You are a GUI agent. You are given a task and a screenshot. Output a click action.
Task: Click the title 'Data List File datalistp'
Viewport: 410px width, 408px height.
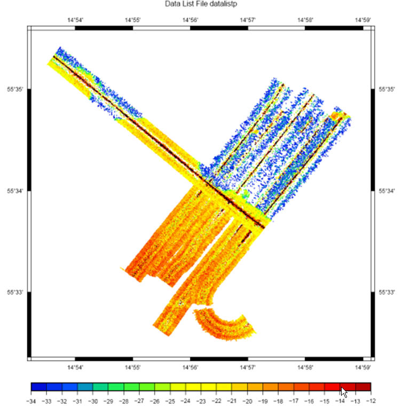[x=201, y=4]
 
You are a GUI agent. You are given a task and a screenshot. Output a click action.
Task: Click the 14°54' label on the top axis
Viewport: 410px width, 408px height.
[x=75, y=20]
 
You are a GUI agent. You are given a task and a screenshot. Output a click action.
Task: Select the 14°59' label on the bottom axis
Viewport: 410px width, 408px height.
[x=362, y=367]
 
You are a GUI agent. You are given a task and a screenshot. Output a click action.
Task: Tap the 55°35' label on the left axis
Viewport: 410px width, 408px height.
[x=15, y=89]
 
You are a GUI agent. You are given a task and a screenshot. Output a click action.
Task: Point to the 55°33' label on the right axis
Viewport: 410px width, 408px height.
[x=387, y=292]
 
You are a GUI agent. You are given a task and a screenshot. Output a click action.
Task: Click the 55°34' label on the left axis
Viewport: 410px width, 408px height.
[x=15, y=191]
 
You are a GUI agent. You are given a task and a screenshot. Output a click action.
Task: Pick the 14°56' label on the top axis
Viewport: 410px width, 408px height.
[x=191, y=20]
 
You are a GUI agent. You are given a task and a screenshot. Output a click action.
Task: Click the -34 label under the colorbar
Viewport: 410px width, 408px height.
[x=31, y=401]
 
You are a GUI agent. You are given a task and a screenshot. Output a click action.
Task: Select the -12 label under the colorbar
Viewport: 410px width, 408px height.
[x=370, y=401]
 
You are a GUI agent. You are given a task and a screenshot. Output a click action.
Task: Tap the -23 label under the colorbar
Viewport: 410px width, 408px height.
[x=201, y=401]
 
